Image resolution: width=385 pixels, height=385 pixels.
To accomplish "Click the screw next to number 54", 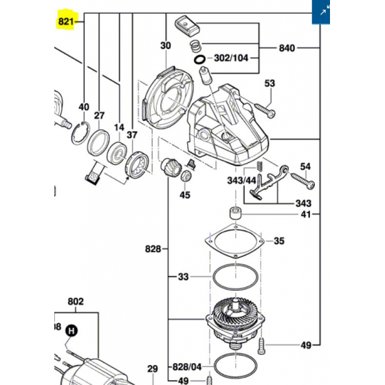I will [303, 181].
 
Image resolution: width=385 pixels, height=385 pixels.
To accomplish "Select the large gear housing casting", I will [230, 127].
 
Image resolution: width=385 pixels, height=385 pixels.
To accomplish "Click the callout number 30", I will [165, 46].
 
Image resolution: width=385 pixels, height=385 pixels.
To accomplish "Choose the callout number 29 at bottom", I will [153, 369].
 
